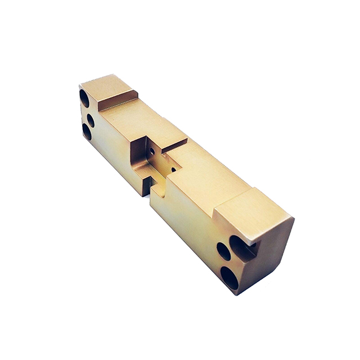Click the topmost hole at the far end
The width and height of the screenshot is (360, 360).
(x=84, y=98)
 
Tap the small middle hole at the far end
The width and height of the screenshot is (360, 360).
(x=91, y=120)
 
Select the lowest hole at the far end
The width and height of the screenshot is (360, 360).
(x=87, y=132)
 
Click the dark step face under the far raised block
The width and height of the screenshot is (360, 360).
(x=119, y=100)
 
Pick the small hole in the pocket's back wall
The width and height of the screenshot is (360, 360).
(x=152, y=151)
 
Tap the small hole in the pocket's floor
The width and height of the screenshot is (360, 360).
(x=173, y=168)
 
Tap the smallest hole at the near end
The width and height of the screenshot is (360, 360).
(x=223, y=251)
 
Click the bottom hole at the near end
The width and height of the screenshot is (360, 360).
(x=229, y=277)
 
